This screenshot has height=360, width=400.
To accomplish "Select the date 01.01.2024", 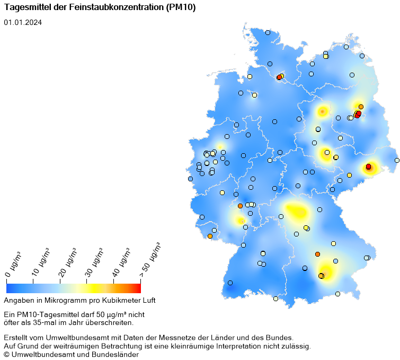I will coord(23,22).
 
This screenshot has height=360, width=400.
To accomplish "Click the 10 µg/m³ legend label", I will coord(42,261).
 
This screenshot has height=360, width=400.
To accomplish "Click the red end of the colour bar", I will coord(138,288).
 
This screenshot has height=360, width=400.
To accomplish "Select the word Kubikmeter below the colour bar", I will coord(122,301).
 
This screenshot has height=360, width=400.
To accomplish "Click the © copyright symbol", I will coord(7,355).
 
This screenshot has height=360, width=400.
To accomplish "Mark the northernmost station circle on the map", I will coord(268,32).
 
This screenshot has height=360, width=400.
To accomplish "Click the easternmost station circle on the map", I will coord(397,160).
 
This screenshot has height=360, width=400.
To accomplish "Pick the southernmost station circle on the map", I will coord(275,298).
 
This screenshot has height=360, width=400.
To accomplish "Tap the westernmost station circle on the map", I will coord(190,179).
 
